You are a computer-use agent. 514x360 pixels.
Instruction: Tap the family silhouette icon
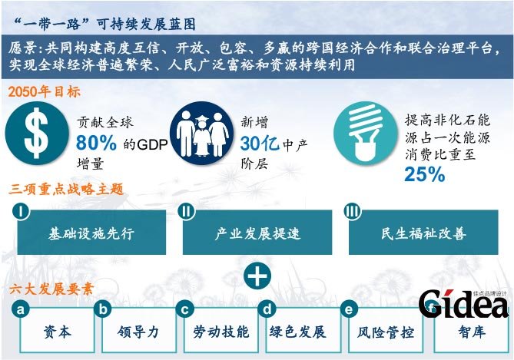[x=202, y=132]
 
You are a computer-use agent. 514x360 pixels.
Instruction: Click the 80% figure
[x=97, y=143]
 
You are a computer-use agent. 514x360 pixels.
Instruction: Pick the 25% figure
[x=425, y=174]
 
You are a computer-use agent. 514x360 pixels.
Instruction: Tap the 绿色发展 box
[x=298, y=332]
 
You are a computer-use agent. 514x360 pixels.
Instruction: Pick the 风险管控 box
[x=386, y=332]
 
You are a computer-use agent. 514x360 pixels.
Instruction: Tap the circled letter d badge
[x=267, y=309]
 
